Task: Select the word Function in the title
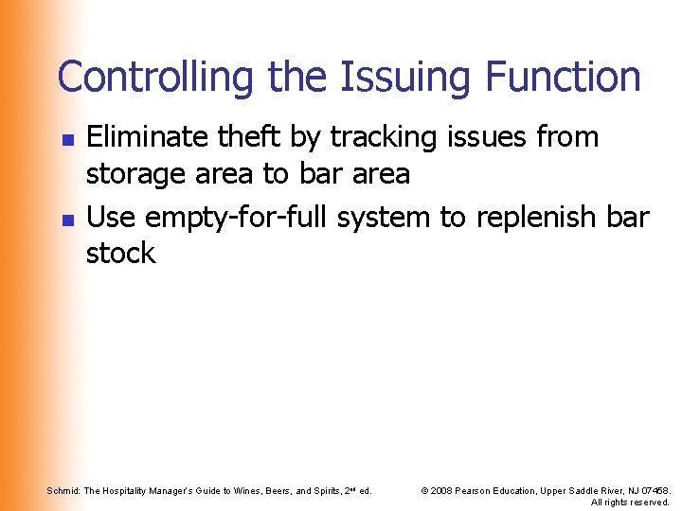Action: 565,78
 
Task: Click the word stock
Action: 120,254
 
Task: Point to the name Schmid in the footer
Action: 63,490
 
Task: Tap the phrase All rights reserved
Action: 630,502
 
